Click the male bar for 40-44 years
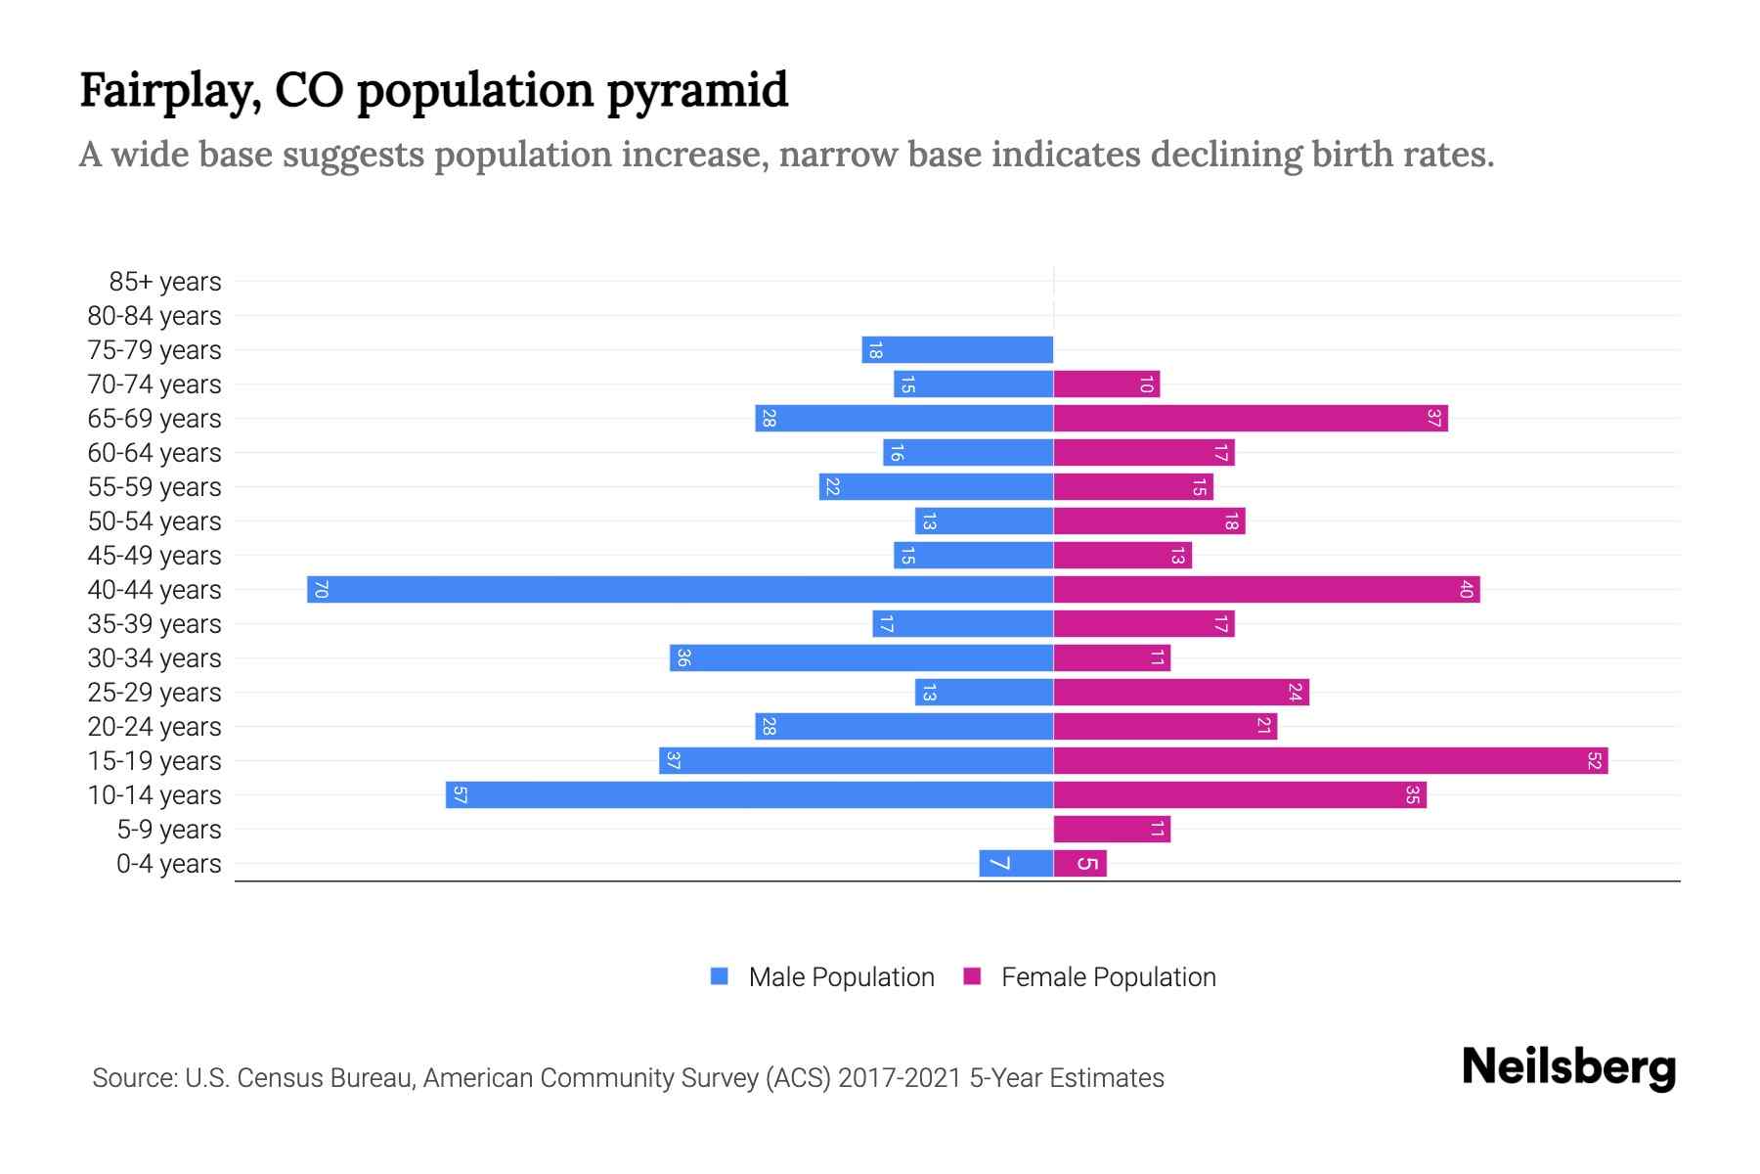680,589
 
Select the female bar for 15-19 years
1330,760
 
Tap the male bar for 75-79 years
957,349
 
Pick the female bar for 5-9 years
1112,829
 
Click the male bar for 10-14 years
749,794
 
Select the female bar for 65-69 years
1250,418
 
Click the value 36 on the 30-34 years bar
683,657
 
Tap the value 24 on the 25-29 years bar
1295,692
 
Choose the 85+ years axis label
164,282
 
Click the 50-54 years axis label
154,521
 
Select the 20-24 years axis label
154,727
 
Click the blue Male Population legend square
720,976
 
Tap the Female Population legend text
1108,976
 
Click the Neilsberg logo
1568,1066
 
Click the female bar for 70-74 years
1106,384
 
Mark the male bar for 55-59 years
936,486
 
